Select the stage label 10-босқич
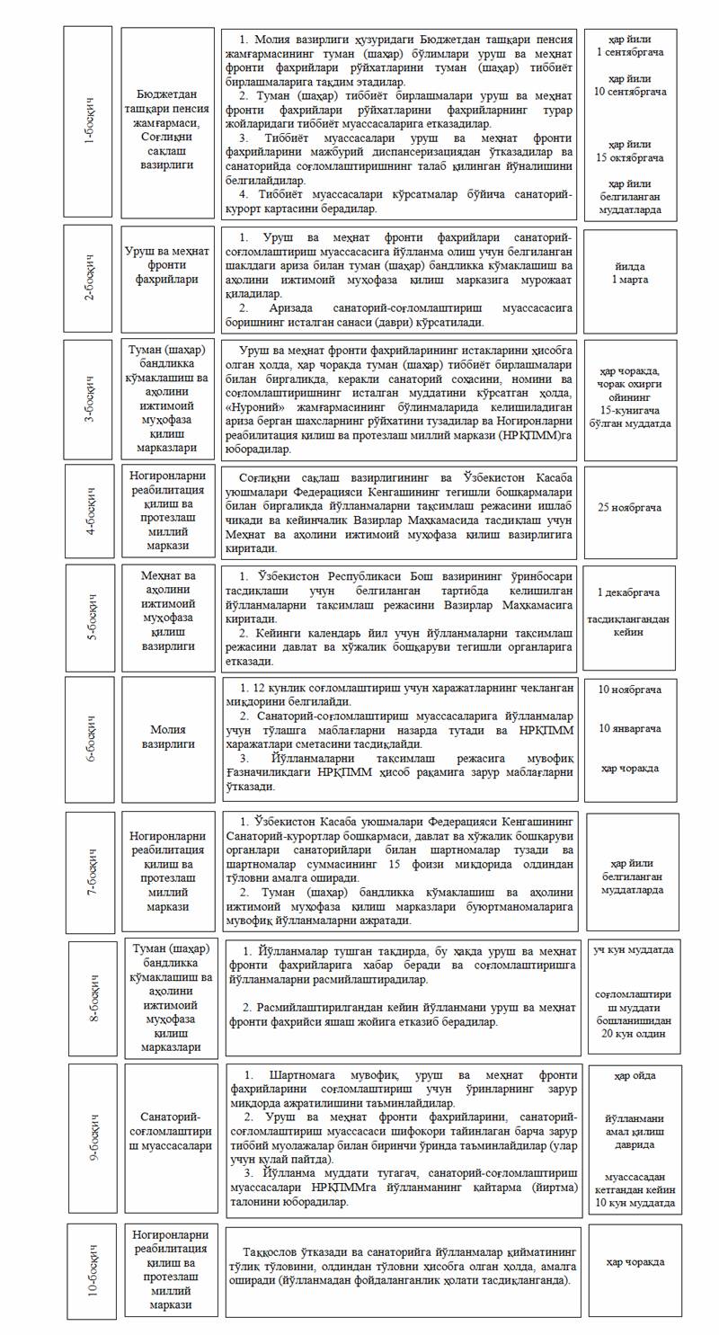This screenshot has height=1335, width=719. (93, 1271)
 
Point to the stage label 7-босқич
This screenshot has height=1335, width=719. (91, 872)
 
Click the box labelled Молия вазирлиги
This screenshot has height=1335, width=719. (168, 737)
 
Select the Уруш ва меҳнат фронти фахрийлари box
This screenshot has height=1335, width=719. (168, 265)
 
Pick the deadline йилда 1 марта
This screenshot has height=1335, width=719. (630, 273)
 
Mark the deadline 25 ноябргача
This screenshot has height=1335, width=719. (630, 507)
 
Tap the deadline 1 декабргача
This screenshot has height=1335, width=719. (630, 592)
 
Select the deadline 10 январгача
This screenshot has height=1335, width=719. (630, 728)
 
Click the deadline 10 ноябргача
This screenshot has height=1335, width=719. (630, 690)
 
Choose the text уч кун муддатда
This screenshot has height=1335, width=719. (634, 949)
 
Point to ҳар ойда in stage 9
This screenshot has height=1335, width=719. (635, 1075)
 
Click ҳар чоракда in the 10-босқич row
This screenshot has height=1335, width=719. (635, 1262)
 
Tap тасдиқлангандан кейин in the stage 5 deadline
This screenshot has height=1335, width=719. (630, 626)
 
